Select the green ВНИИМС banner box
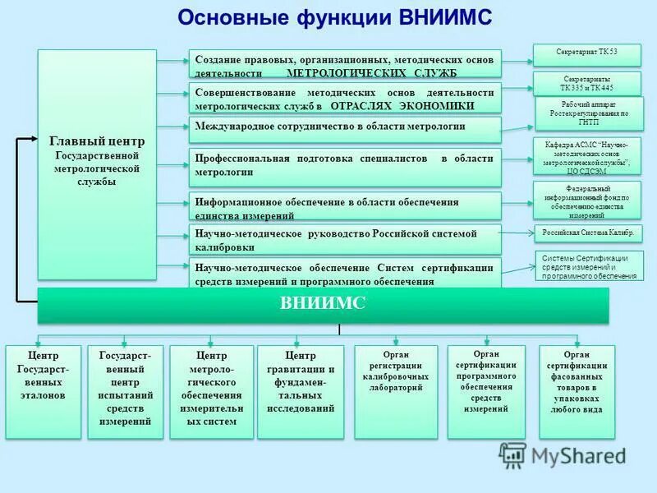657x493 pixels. click(323, 305)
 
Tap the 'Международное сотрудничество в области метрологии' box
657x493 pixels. click(345, 127)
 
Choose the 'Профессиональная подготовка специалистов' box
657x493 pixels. click(345, 166)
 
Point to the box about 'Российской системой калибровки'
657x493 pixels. click(345, 240)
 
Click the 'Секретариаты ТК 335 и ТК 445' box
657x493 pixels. click(587, 84)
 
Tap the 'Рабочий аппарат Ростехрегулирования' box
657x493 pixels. click(587, 113)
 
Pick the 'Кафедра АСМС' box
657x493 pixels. click(587, 156)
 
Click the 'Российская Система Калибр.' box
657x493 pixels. click(587, 233)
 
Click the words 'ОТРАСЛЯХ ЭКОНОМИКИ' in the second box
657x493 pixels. click(402, 107)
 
